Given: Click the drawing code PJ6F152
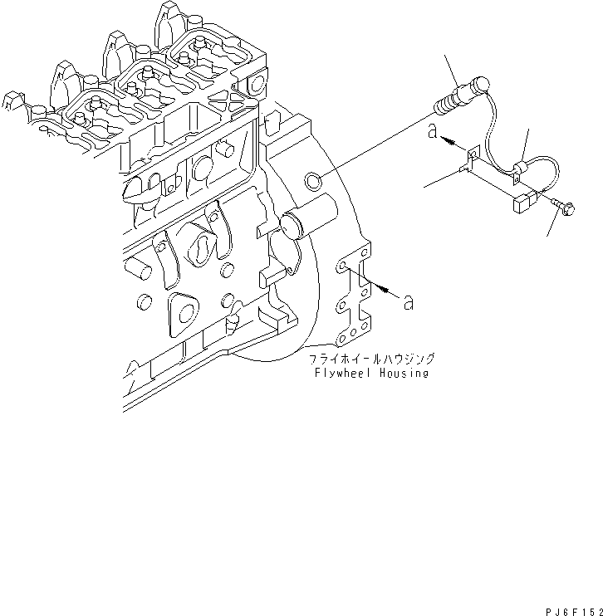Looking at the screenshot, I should [570, 609].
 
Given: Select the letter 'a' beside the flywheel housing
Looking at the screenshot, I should [408, 302].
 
